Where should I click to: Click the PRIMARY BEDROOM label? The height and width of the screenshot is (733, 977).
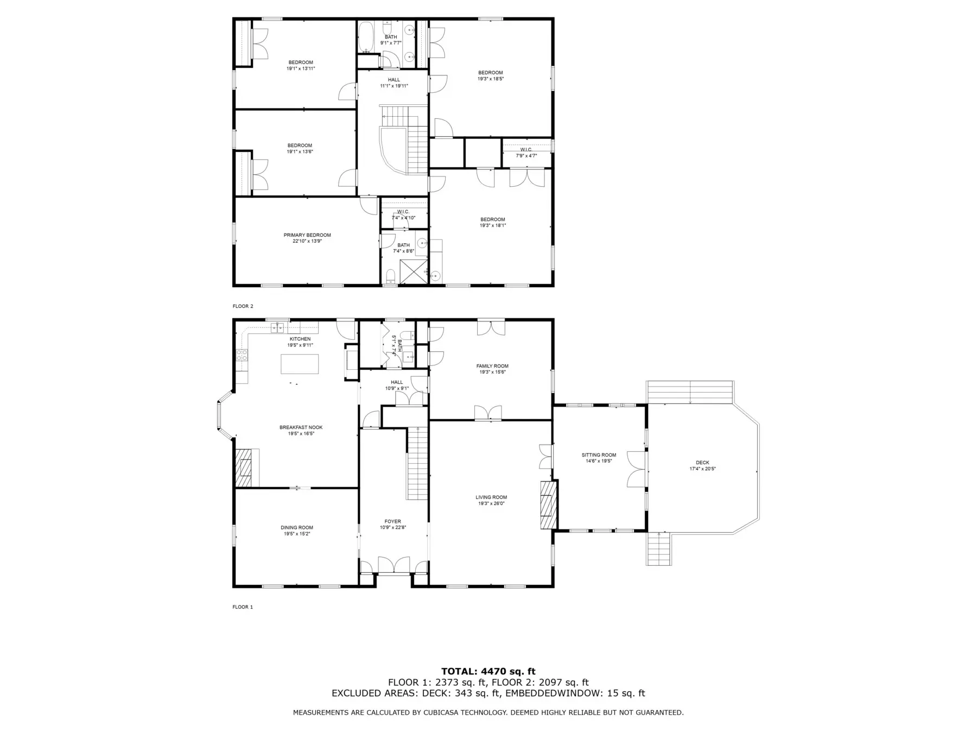[307, 235]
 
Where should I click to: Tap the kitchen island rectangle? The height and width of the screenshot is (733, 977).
[300, 364]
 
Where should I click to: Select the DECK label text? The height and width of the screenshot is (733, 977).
[702, 463]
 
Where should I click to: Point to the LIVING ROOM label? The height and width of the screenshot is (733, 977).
[491, 497]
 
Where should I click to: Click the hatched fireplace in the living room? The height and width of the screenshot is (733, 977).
[549, 504]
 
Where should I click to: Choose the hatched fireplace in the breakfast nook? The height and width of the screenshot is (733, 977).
[244, 467]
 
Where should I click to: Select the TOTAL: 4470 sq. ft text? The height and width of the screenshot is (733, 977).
[488, 672]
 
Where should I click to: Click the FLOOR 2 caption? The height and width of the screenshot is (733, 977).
[243, 306]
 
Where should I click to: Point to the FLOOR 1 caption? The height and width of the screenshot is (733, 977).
[243, 607]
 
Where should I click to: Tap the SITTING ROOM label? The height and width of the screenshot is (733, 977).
[599, 455]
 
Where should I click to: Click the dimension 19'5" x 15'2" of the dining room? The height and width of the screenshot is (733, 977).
[297, 534]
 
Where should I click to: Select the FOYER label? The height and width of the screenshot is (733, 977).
[392, 522]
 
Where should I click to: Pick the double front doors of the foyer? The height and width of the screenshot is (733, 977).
[394, 565]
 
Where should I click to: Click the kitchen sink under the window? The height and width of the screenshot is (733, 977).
[278, 327]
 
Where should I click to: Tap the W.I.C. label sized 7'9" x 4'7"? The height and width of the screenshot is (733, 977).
[526, 150]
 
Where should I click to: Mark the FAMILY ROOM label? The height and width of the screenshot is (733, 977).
[492, 366]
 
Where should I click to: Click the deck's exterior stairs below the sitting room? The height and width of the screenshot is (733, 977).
[658, 549]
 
